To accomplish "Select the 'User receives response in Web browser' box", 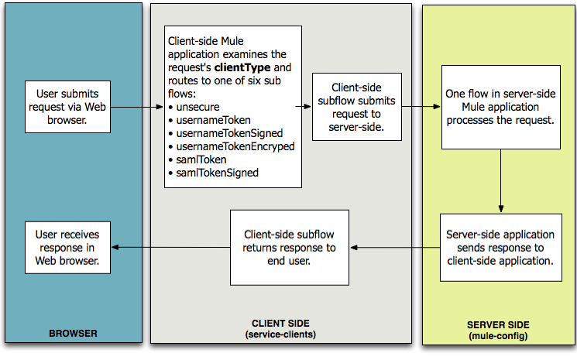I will click(x=67, y=247).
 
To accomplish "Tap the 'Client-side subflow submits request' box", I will click(x=357, y=107).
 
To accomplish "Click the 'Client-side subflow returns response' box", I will click(x=290, y=247).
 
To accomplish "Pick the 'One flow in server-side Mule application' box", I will click(x=500, y=107).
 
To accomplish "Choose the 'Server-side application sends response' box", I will click(x=500, y=247).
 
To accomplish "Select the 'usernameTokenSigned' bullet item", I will click(x=224, y=133).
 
